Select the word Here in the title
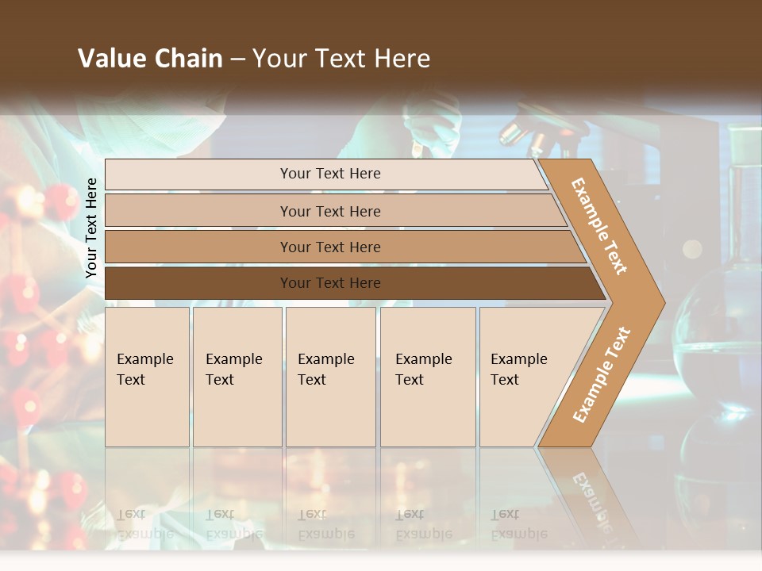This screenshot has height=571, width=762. pos(402,59)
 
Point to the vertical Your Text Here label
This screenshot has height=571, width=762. pos(91,228)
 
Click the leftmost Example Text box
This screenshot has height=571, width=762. pos(147,377)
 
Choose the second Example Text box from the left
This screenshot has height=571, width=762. pos(237,377)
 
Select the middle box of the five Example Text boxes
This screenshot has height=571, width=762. pos(330,377)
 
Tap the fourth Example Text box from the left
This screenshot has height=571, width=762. pos(428,377)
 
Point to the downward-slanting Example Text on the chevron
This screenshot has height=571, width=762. pos(600,226)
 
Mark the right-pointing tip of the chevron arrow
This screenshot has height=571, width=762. pos(661,302)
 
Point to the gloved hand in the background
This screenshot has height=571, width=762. pos(433,127)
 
